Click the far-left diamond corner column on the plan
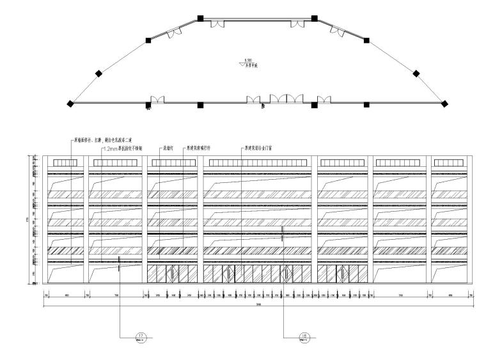tap(71, 104)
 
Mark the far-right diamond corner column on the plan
tap(445, 104)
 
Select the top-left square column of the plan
tap(200, 19)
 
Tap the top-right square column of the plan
tap(313, 19)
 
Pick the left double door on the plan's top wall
tap(218, 24)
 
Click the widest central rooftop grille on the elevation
tap(259, 164)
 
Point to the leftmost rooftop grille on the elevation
tap(64, 164)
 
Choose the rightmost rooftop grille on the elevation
tap(448, 164)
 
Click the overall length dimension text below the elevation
tap(258, 304)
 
